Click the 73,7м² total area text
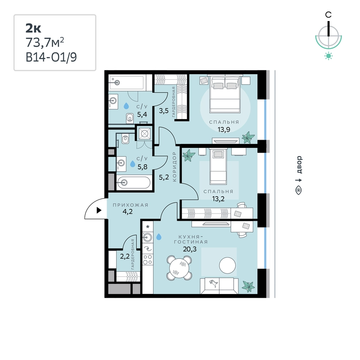(45, 42)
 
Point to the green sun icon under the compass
(329, 56)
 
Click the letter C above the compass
(328, 15)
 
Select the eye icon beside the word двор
(299, 190)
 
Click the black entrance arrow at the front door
(99, 210)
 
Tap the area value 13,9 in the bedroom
(224, 129)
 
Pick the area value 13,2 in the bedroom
(218, 198)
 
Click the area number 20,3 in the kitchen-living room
(189, 249)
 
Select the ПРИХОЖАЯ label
(130, 205)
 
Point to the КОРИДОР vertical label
(174, 167)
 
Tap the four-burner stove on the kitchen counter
(147, 259)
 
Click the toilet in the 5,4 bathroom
(130, 118)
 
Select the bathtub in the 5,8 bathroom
(134, 183)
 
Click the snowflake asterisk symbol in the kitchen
(147, 227)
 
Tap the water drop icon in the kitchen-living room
(159, 237)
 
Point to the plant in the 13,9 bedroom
(248, 137)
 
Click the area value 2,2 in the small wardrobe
(125, 256)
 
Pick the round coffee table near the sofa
(227, 265)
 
